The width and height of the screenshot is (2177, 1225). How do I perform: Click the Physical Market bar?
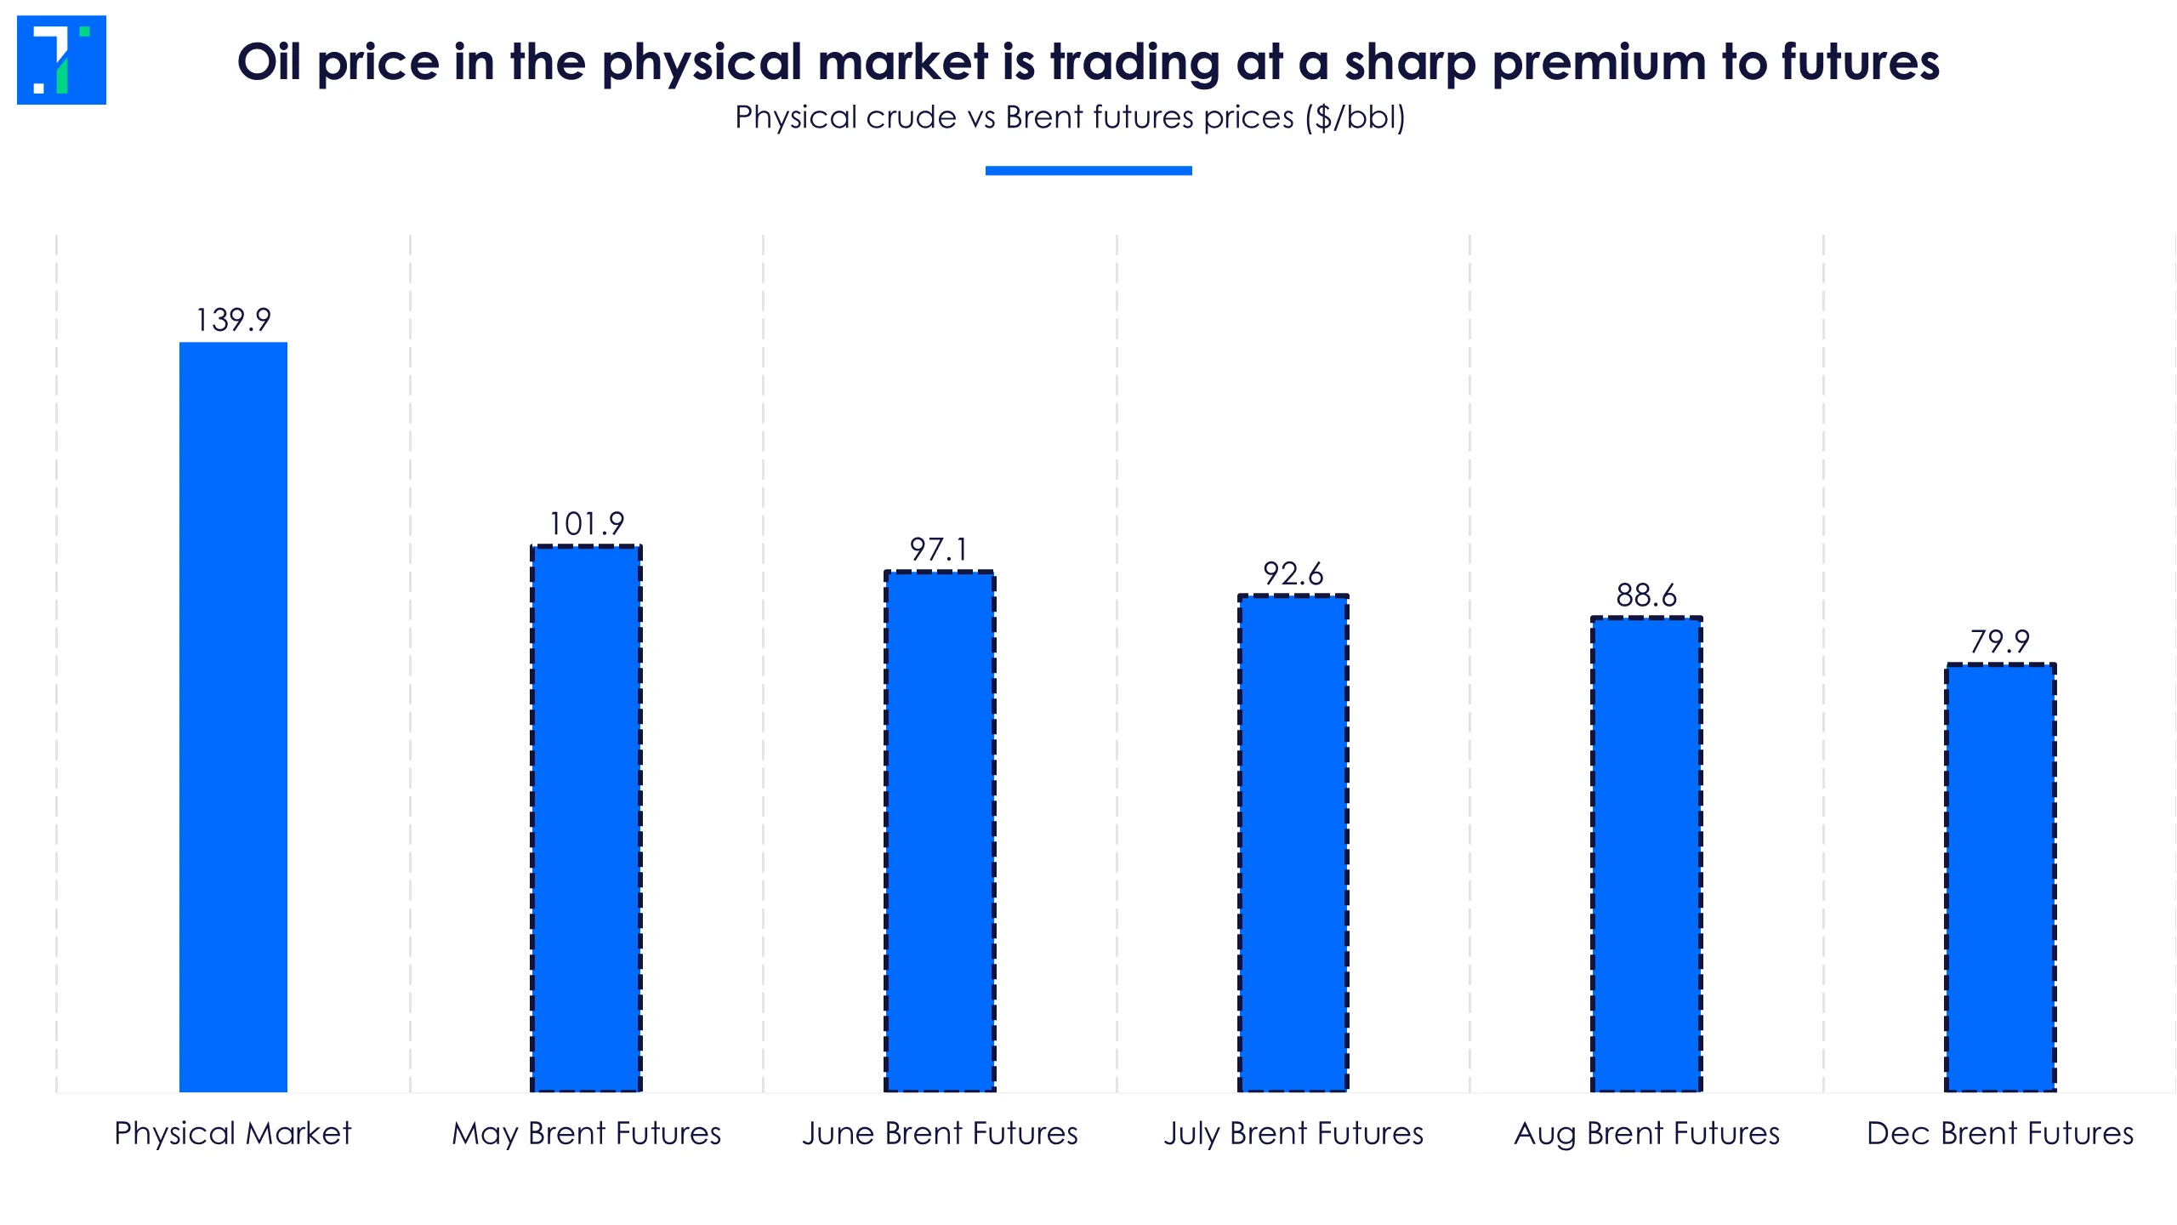coord(233,716)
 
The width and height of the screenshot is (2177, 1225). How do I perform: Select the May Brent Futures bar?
coord(586,818)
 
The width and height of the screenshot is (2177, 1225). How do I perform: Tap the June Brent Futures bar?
coord(940,831)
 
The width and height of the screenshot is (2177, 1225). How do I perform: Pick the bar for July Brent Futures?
coord(1293,843)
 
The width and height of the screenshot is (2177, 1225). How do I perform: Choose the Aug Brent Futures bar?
coord(1646,854)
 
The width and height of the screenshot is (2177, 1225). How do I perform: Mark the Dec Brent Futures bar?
coord(2000,877)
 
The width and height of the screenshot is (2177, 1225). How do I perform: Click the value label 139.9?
coord(233,321)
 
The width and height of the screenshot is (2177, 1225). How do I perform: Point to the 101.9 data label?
coord(586,524)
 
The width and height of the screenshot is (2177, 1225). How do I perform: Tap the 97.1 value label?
coord(939,550)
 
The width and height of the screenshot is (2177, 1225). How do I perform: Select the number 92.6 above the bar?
coord(1293,574)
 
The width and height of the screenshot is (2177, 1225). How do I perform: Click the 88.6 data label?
coord(1646,595)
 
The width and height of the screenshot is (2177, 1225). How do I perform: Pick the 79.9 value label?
coord(2000,641)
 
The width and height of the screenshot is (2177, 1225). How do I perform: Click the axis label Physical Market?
coord(233,1134)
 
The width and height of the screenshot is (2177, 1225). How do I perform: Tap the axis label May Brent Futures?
coord(586,1134)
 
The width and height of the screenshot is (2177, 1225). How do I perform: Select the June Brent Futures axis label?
coord(940,1134)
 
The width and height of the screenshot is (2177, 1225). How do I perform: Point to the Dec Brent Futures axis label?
coord(2000,1134)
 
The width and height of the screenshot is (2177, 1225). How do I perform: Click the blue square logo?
coord(61,60)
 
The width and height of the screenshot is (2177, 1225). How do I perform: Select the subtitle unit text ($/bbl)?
coord(1356,117)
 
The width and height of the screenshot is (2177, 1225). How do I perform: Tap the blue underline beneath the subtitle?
coord(1088,171)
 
